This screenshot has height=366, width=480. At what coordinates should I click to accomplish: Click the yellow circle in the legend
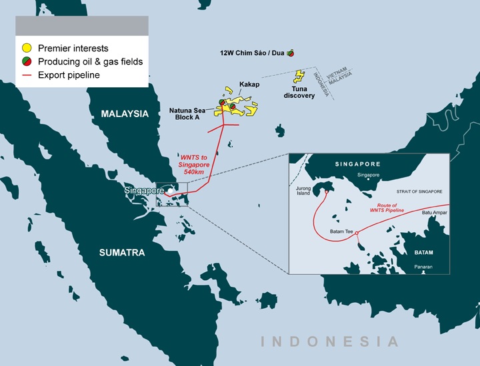pos(26,49)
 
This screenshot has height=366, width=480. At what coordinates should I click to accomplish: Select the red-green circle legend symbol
pos(26,62)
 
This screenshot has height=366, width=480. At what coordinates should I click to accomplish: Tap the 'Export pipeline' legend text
pos(69,75)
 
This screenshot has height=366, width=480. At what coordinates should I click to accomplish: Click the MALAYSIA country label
pos(125,114)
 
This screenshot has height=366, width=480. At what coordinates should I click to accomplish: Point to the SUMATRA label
pos(122,252)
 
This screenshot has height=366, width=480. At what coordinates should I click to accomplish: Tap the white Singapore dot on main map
pos(171,191)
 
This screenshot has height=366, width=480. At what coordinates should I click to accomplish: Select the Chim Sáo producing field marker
pos(291,53)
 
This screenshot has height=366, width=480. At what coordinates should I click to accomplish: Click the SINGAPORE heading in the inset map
pos(359,164)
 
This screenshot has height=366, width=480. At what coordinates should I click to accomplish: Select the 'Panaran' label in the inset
pos(423,267)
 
